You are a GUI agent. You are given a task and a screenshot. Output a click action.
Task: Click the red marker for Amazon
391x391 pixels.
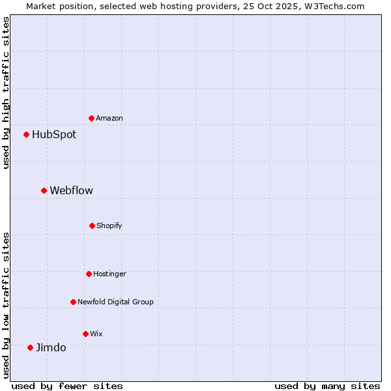pyautogui.click(x=92, y=118)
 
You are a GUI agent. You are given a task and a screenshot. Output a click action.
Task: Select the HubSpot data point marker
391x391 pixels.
pyautogui.click(x=27, y=135)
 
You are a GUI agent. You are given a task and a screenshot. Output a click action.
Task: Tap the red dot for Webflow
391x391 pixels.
pyautogui.click(x=44, y=190)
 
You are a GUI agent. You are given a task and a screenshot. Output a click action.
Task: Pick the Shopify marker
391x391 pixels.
pyautogui.click(x=92, y=225)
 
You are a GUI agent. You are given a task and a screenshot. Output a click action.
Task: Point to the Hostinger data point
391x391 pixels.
pyautogui.click(x=89, y=274)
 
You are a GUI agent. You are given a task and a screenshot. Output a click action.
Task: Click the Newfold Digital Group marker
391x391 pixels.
pyautogui.click(x=73, y=302)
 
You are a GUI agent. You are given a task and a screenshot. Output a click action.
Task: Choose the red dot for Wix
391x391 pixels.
pyautogui.click(x=85, y=334)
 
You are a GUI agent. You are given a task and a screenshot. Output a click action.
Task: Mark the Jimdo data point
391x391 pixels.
pyautogui.click(x=30, y=347)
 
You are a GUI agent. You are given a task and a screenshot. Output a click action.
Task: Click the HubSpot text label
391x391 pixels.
pyautogui.click(x=54, y=135)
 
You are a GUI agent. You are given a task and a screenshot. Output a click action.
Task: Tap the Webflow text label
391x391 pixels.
pyautogui.click(x=71, y=191)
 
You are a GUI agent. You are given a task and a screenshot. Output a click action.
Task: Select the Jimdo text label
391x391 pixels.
pyautogui.click(x=51, y=348)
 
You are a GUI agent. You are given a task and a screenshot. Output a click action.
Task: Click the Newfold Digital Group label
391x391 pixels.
pyautogui.click(x=115, y=302)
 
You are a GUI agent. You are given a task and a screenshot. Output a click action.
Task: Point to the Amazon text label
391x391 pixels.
pyautogui.click(x=109, y=119)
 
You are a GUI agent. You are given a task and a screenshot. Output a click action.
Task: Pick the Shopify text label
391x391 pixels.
pyautogui.click(x=109, y=226)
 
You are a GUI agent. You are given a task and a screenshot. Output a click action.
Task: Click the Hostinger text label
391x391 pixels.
pyautogui.click(x=109, y=274)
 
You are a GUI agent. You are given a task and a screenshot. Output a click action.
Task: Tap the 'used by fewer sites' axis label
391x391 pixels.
pyautogui.click(x=67, y=386)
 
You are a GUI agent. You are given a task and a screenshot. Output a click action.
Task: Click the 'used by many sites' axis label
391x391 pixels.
pyautogui.click(x=327, y=386)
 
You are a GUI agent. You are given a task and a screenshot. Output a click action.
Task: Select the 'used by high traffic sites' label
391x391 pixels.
pyautogui.click(x=6, y=93)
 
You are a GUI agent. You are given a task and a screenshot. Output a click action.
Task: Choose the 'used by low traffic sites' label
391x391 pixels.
pyautogui.click(x=6, y=305)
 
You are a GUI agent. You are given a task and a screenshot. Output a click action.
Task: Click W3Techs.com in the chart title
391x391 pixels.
pyautogui.click(x=334, y=6)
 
